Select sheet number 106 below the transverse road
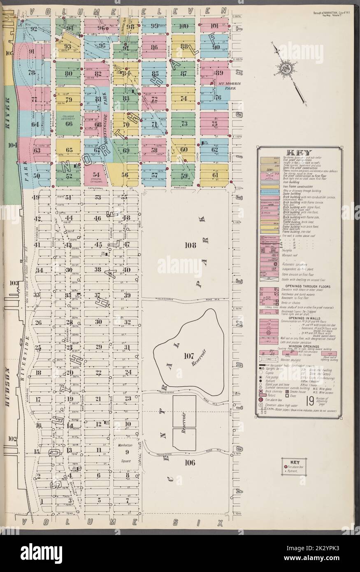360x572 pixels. click(x=189, y=462)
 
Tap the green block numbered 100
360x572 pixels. click(x=184, y=27)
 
